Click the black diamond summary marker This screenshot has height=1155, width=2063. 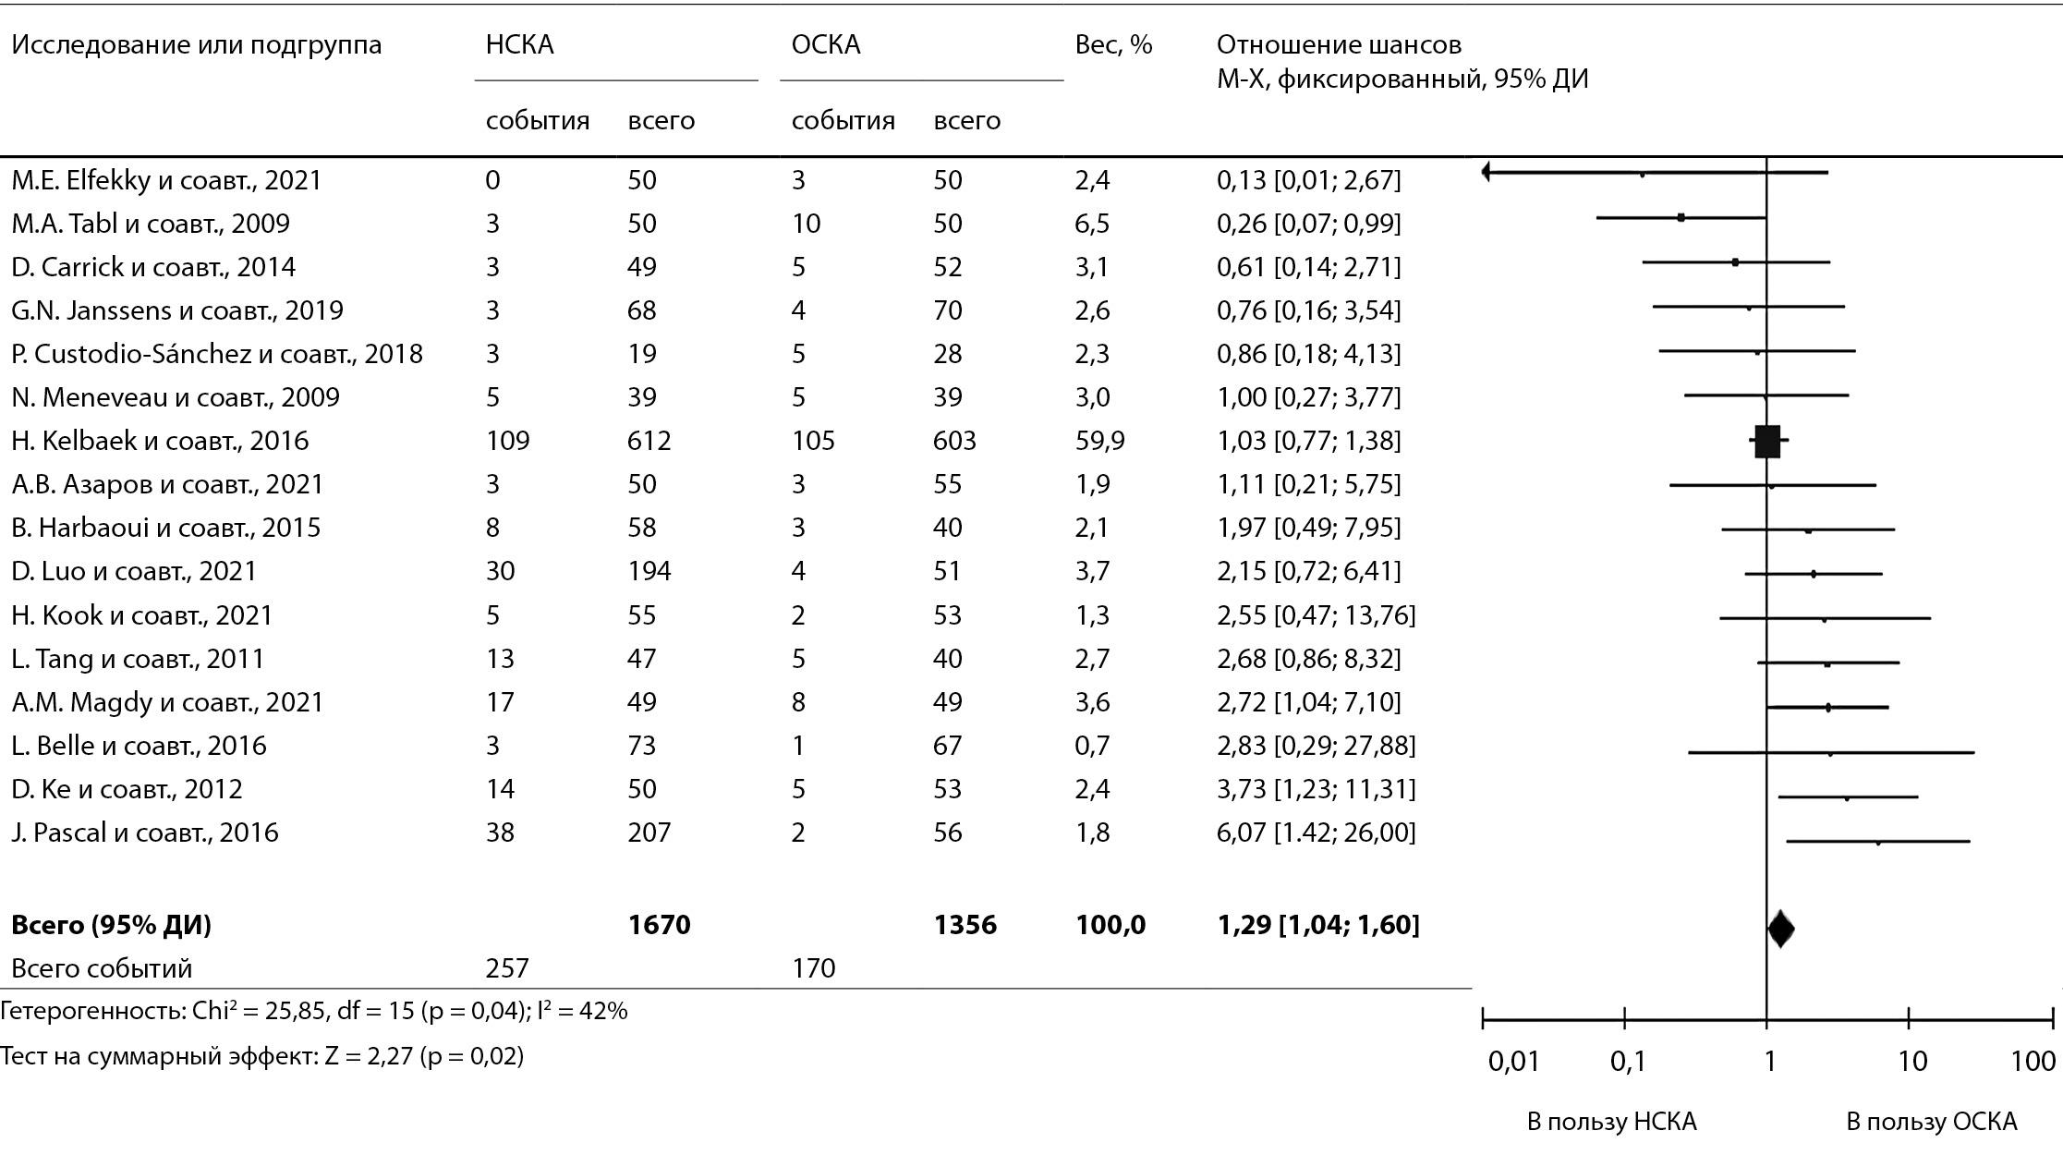1780,929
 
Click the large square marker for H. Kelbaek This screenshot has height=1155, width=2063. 1766,442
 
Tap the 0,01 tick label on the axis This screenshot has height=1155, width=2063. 1514,1061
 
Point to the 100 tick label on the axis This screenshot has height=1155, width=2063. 2033,1061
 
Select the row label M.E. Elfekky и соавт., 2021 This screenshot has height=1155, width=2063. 166,179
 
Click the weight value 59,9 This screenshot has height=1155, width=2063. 1099,441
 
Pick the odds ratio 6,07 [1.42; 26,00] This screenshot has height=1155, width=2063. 1316,833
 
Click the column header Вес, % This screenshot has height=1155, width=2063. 1113,45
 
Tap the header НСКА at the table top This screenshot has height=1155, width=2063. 519,45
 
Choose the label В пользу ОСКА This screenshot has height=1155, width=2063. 1931,1122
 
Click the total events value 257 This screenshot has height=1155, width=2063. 507,967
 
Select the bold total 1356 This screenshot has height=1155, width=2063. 965,925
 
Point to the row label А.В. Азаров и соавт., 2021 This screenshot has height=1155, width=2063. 167,484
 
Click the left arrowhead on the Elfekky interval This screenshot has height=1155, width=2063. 1486,172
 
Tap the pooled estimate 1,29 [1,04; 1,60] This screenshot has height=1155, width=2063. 1318,925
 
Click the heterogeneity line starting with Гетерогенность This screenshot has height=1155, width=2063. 314,1011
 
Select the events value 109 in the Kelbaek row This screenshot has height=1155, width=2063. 507,441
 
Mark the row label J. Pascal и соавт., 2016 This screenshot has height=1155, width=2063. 145,833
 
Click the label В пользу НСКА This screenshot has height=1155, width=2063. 1611,1122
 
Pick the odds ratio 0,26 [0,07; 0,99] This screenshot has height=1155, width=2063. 1308,224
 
